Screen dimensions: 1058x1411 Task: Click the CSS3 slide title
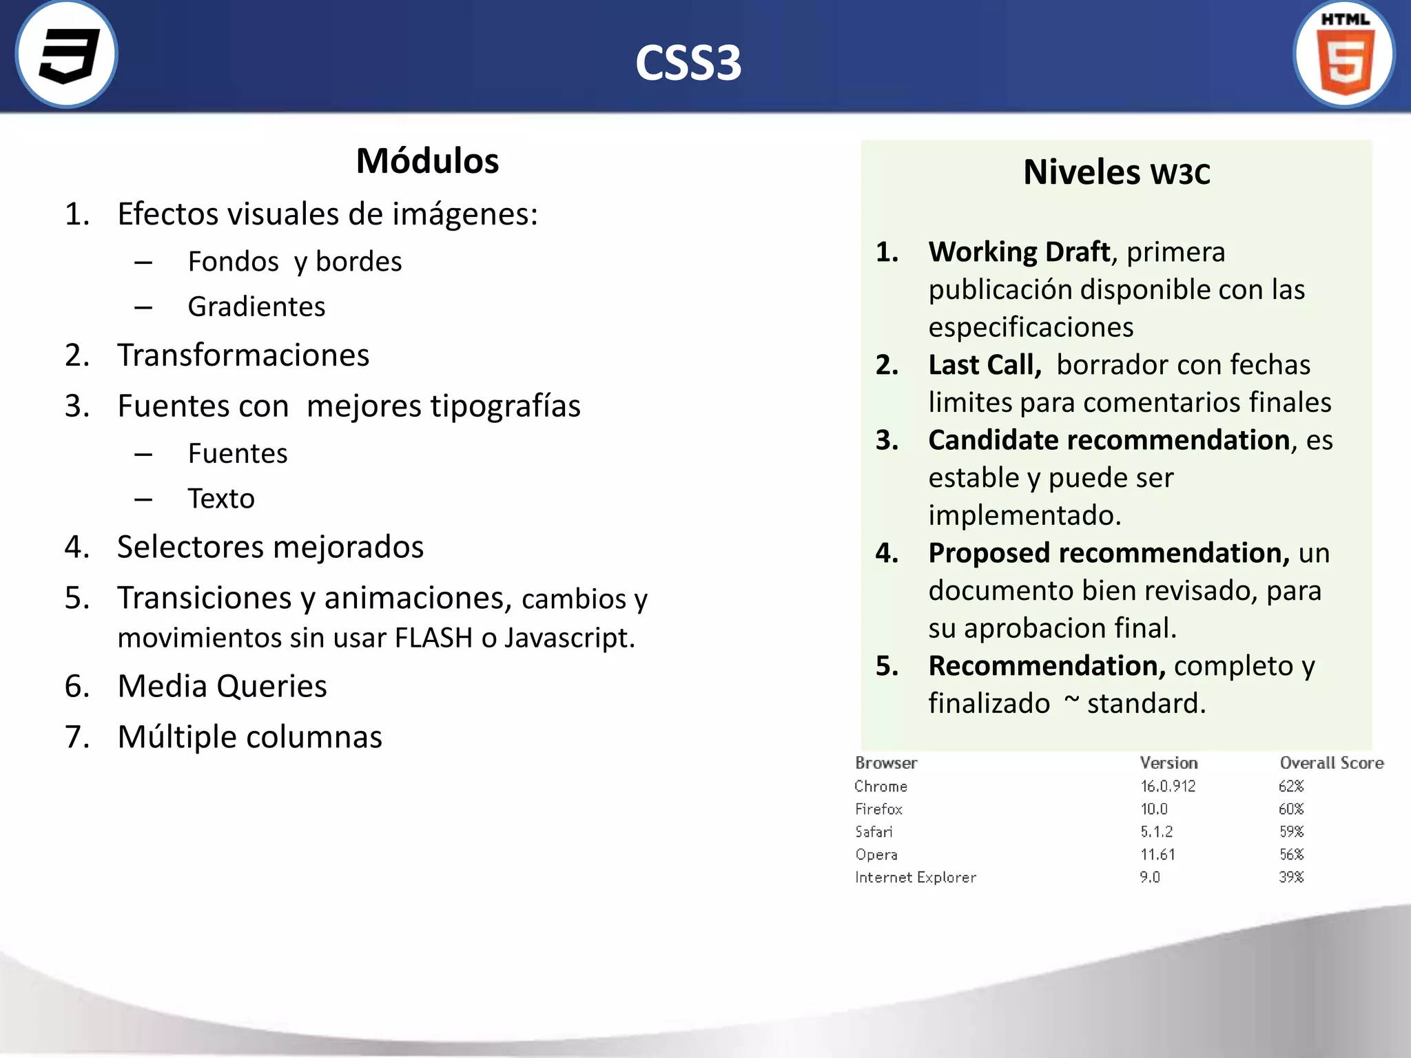pyautogui.click(x=688, y=63)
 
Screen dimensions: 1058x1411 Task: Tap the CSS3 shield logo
pyautogui.click(x=67, y=55)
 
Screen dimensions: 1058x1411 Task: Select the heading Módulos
pyautogui.click(x=427, y=161)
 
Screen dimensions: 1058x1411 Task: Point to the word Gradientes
pyautogui.click(x=256, y=307)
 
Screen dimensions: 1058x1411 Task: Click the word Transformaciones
pyautogui.click(x=243, y=355)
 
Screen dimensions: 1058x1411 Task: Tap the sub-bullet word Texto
pyautogui.click(x=221, y=499)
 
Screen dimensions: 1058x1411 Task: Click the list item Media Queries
pyautogui.click(x=222, y=686)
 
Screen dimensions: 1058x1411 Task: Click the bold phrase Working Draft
pyautogui.click(x=1019, y=252)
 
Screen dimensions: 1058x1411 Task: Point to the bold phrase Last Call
pyautogui.click(x=985, y=365)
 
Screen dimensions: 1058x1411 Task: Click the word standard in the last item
pyautogui.click(x=1146, y=704)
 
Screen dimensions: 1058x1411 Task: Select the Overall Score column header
pyautogui.click(x=1331, y=763)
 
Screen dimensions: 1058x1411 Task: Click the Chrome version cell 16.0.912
pyautogui.click(x=1168, y=786)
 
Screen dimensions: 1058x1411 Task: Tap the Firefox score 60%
pyautogui.click(x=1291, y=809)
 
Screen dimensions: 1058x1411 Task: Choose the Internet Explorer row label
pyautogui.click(x=915, y=878)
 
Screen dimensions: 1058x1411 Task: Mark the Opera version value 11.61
pyautogui.click(x=1157, y=855)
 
